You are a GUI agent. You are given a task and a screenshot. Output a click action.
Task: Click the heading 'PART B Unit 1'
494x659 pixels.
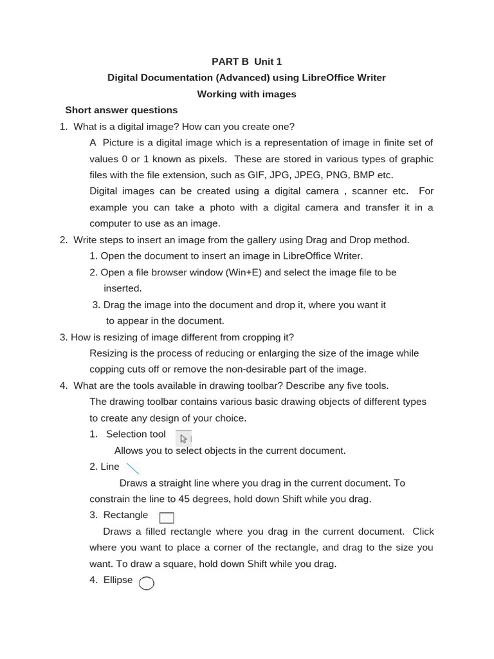click(x=246, y=62)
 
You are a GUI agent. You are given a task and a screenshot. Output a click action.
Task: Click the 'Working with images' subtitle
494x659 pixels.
click(x=246, y=94)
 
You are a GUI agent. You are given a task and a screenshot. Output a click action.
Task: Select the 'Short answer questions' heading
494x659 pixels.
click(x=122, y=110)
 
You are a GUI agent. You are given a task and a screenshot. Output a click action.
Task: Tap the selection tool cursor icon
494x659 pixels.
click(x=183, y=439)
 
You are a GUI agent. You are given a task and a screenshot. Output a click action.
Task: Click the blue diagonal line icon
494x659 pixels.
click(x=133, y=469)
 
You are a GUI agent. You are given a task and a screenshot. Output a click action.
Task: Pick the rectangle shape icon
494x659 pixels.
click(x=167, y=517)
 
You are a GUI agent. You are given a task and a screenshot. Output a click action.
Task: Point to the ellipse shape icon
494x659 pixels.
click(x=147, y=583)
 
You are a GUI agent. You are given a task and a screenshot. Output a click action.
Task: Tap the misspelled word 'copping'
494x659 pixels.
click(x=107, y=369)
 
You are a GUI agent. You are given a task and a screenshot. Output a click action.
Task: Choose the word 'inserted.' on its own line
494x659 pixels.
click(x=123, y=288)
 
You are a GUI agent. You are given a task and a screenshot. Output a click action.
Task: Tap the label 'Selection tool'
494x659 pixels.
click(x=136, y=434)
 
